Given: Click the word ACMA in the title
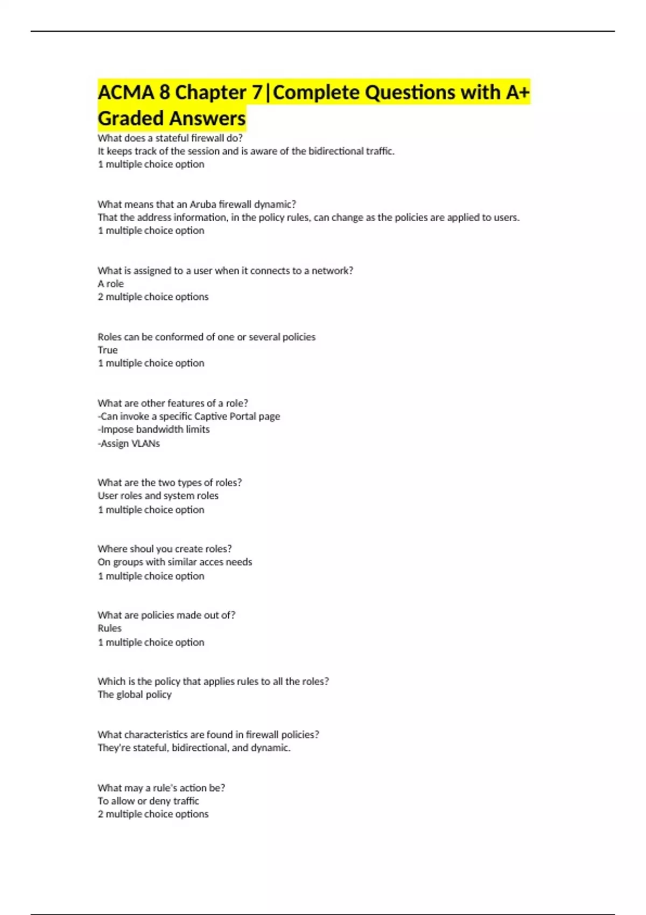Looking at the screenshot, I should coord(126,93).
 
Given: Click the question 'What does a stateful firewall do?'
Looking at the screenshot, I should coord(170,138).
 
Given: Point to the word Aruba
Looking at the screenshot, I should coord(202,204).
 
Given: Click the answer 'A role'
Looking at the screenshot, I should coord(110,284).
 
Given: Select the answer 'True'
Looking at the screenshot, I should coord(108,350).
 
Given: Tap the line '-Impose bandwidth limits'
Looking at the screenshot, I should coord(153,429).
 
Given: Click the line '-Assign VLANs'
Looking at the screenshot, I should coord(129,444).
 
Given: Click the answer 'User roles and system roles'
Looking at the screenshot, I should coord(158,495).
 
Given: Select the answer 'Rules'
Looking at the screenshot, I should coord(109,628).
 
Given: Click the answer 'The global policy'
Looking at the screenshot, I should coord(135,694).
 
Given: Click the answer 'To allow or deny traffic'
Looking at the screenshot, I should coord(148,801).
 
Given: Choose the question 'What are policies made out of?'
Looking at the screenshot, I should coord(166,615).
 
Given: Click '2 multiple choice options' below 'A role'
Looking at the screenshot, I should coord(153,297).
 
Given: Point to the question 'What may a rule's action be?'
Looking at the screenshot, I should coord(161,787).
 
